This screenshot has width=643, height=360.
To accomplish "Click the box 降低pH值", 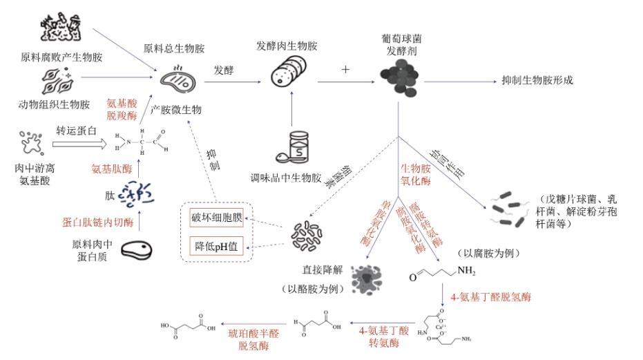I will click(x=217, y=245).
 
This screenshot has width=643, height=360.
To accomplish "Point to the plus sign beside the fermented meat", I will click(x=345, y=70).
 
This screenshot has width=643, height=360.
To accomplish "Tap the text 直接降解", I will click(x=310, y=269).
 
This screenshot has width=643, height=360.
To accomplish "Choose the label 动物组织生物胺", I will click(x=54, y=104).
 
